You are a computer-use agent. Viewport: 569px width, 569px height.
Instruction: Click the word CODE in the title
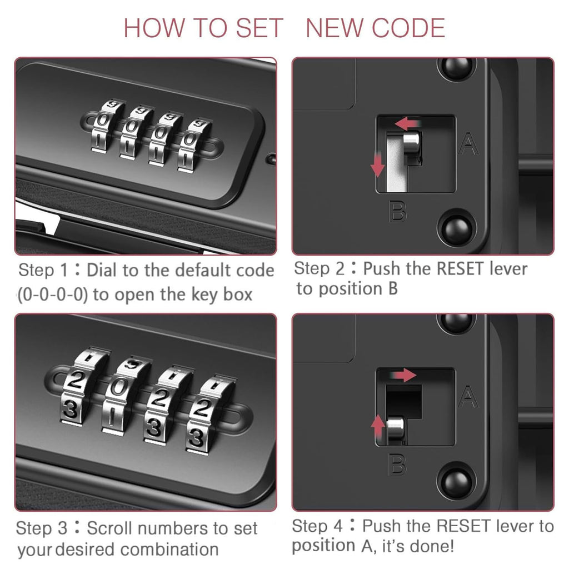click(x=408, y=28)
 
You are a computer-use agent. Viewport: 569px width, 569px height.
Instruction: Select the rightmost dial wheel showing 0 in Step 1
click(x=192, y=145)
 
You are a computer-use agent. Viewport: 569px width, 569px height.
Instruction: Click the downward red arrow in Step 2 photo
click(x=377, y=164)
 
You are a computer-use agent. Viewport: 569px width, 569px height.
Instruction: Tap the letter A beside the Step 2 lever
click(x=468, y=144)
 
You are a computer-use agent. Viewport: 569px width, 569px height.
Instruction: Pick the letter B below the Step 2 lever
click(x=398, y=211)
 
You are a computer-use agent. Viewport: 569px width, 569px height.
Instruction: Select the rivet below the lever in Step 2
click(x=457, y=228)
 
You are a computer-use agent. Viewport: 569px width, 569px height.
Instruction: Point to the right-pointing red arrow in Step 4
click(x=403, y=375)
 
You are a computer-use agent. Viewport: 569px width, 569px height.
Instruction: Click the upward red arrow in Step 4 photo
click(x=378, y=427)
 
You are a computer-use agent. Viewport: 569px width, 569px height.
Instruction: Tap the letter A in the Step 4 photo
click(x=468, y=397)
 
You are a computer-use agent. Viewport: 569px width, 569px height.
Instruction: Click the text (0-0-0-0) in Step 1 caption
click(x=52, y=295)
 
